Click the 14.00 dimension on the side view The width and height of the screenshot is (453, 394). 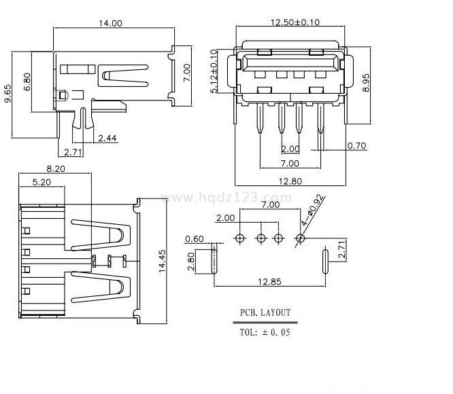(111, 23)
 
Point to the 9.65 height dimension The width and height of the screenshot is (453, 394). (9, 94)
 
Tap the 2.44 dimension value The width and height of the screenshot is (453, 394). (107, 139)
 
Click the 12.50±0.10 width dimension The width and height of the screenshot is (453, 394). (295, 22)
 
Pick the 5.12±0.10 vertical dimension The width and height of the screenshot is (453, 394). (215, 71)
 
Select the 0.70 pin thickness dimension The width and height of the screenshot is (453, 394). (356, 145)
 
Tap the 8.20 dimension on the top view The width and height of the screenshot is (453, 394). (55, 168)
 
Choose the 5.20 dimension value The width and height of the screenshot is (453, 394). (42, 182)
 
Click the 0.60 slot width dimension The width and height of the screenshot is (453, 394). (195, 238)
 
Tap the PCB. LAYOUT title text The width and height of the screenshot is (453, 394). (265, 313)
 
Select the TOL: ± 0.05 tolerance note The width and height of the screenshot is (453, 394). (265, 332)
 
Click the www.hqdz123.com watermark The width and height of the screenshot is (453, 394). (227, 198)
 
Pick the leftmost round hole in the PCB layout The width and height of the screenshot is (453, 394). (240, 238)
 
